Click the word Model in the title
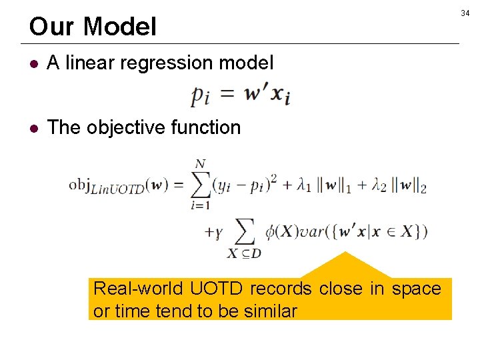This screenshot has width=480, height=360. pos(120,27)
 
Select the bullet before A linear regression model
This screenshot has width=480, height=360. pos(35,63)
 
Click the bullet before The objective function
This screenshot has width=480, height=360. pos(35,127)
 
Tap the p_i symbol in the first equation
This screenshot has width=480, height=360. pos(201,97)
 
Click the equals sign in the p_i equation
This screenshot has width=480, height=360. pos(229,95)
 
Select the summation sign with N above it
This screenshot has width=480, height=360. pos(200,185)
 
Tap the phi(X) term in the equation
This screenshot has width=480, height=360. pos(280,232)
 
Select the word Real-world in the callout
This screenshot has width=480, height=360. pos(139,289)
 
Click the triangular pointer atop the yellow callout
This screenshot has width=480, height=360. pos(345,267)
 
